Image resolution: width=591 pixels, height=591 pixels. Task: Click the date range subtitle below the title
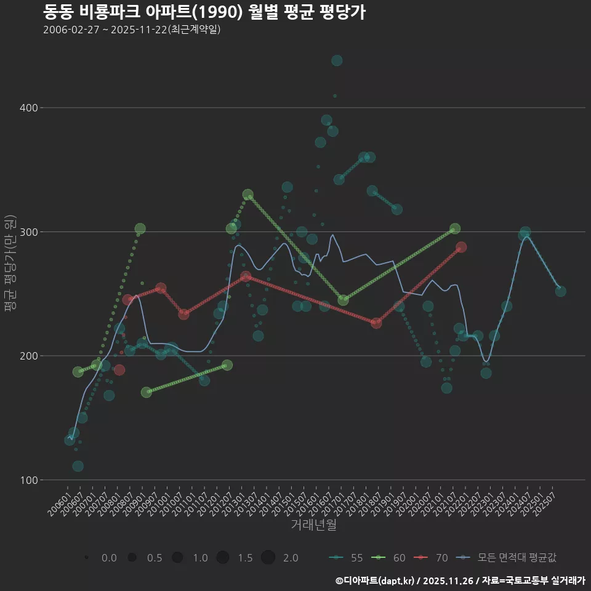132,30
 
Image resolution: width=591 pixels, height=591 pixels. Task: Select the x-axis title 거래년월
313,525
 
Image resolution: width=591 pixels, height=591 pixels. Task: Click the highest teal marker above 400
337,60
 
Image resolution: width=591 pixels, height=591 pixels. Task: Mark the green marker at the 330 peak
248,195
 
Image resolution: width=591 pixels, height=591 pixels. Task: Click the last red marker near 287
461,247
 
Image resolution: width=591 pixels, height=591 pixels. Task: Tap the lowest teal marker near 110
78,466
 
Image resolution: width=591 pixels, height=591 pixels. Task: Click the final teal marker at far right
560,291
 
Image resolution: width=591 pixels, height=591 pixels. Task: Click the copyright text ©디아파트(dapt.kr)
376,580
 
